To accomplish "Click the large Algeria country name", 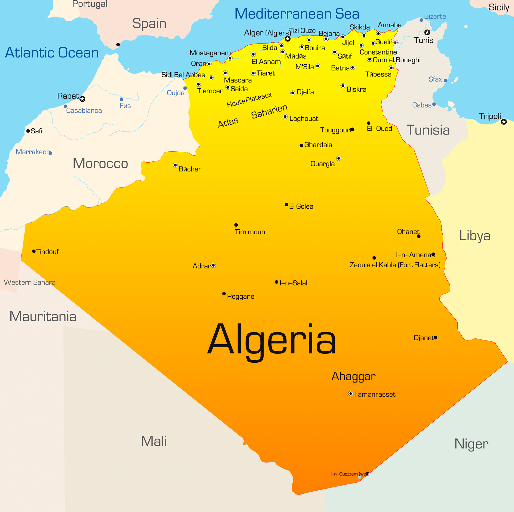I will (x=272, y=340).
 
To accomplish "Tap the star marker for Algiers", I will (x=287, y=39).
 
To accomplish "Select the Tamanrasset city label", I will (x=374, y=394).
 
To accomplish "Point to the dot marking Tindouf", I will (x=34, y=251).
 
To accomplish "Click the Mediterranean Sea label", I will (x=297, y=14).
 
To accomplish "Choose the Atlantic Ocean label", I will (x=52, y=53).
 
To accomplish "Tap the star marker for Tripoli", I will (x=504, y=122).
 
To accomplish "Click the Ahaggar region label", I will (x=353, y=376).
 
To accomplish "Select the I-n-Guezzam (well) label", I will (x=350, y=474).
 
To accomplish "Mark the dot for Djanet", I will (x=435, y=337).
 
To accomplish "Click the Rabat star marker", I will (x=82, y=99).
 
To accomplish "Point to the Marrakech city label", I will (x=33, y=152).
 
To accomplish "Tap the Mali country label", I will (x=153, y=441).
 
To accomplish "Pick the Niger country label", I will (x=471, y=444).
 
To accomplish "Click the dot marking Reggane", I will (x=224, y=294).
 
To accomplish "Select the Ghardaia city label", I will (x=318, y=145).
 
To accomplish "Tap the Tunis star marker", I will (x=427, y=32).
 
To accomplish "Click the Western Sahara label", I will (x=30, y=282).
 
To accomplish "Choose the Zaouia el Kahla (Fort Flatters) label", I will (x=395, y=265).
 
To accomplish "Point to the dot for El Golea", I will (x=286, y=204).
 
